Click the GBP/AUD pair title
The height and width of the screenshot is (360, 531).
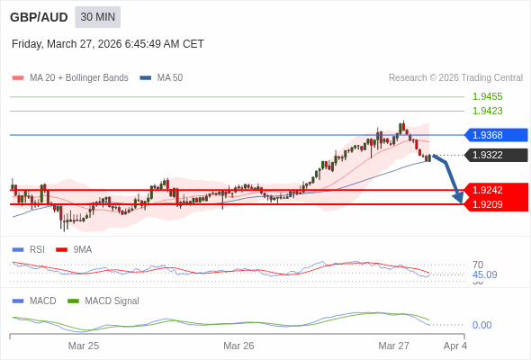click(39, 17)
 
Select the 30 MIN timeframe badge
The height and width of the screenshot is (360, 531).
click(97, 17)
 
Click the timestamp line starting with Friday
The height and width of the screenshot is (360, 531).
click(108, 44)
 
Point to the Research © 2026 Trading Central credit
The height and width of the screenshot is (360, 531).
click(455, 78)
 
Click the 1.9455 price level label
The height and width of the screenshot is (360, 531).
click(487, 96)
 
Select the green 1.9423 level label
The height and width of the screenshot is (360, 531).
click(487, 111)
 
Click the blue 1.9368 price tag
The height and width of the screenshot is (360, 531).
click(496, 135)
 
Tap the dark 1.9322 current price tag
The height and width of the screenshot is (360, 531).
click(496, 155)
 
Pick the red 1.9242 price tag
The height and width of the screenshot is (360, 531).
click(496, 190)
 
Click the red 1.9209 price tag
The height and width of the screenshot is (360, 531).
click(496, 204)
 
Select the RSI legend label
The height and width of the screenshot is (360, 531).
click(37, 249)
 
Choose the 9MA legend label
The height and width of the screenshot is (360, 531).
click(83, 249)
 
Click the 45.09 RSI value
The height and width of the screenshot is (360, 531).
click(484, 274)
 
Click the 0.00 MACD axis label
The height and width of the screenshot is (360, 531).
click(481, 325)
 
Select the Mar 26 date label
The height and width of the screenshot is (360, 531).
click(238, 346)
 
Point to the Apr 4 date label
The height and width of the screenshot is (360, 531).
click(455, 346)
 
